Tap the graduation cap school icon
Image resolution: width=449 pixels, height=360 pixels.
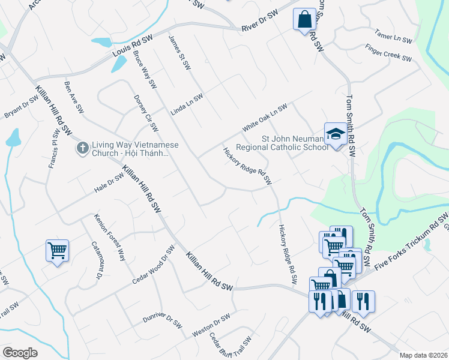(336, 133)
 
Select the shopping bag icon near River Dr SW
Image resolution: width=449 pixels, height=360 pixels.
(304, 19)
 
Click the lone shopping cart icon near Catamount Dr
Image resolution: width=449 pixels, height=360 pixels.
(57, 250)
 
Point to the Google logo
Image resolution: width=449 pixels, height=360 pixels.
(20, 353)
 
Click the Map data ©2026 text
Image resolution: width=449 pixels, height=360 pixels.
(423, 355)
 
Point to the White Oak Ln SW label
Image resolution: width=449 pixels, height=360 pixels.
(265, 118)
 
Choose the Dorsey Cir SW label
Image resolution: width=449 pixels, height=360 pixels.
(146, 113)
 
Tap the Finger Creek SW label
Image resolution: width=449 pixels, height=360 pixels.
(388, 53)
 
